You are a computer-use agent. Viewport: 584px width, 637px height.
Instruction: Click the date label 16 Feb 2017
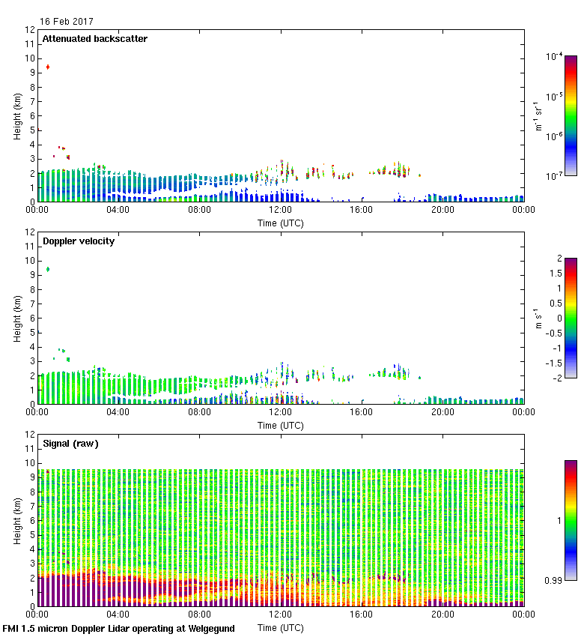coord(67,22)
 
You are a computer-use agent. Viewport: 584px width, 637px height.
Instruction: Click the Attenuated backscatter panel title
coord(94,39)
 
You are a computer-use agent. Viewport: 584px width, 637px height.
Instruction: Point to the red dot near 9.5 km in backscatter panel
coord(48,67)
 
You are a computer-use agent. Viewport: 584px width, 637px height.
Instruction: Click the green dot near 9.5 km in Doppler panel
coord(48,269)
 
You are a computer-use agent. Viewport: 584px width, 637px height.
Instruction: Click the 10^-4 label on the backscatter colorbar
coord(555,56)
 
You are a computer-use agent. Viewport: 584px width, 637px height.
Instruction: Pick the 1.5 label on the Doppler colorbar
coord(554,274)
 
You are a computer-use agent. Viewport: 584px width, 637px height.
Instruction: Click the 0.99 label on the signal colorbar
coord(552,581)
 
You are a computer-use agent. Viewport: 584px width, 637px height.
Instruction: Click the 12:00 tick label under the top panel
coord(280,211)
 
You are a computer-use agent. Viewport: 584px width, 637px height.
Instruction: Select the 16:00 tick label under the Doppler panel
coord(361,413)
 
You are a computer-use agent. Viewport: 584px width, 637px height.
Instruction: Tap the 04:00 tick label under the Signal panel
coord(118,615)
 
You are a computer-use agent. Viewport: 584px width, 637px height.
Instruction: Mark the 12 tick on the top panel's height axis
coord(31,30)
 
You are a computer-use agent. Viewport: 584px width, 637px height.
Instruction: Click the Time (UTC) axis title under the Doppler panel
coord(280,425)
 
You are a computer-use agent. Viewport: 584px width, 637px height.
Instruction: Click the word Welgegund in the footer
coord(205,629)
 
